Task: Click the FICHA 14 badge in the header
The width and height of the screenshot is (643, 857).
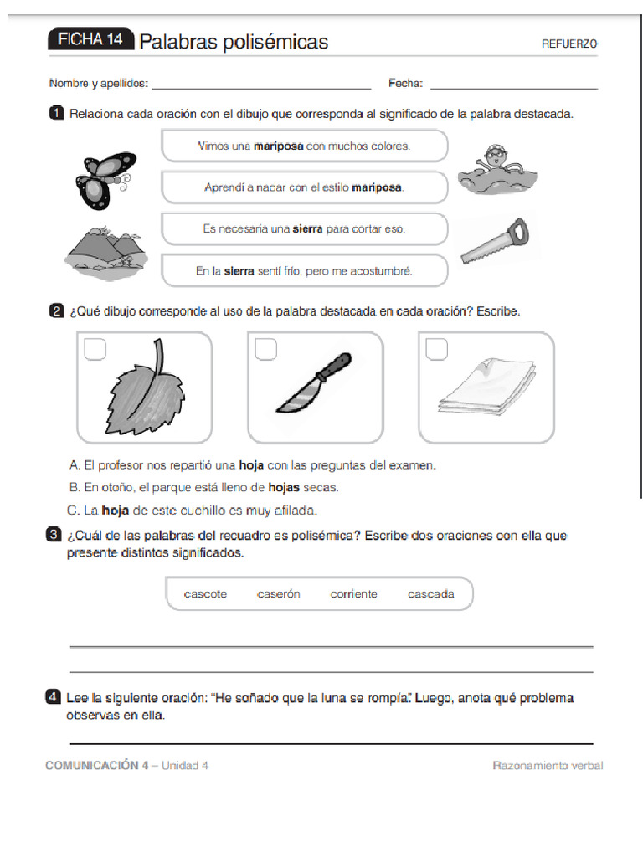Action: click(x=90, y=41)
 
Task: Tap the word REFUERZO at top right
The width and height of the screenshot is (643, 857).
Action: click(x=569, y=44)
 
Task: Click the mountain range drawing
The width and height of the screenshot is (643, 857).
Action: click(x=103, y=251)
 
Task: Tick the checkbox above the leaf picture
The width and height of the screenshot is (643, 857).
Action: click(x=95, y=349)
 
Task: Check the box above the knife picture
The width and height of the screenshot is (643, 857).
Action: click(x=266, y=349)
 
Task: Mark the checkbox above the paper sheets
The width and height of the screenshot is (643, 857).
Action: click(x=436, y=349)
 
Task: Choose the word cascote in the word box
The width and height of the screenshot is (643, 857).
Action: click(x=205, y=594)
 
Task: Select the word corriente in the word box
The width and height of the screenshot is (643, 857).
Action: click(x=353, y=594)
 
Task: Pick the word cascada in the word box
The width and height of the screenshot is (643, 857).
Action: click(x=431, y=594)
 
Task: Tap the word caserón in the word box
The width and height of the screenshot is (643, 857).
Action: click(x=278, y=594)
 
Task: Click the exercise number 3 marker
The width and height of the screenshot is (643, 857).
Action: click(x=54, y=535)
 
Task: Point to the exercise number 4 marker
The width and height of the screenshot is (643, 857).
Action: click(x=54, y=697)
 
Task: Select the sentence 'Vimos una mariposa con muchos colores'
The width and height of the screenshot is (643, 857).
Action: click(x=304, y=146)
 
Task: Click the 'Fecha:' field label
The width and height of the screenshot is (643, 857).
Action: click(x=405, y=84)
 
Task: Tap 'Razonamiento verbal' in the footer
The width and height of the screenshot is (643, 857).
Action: click(x=547, y=766)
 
